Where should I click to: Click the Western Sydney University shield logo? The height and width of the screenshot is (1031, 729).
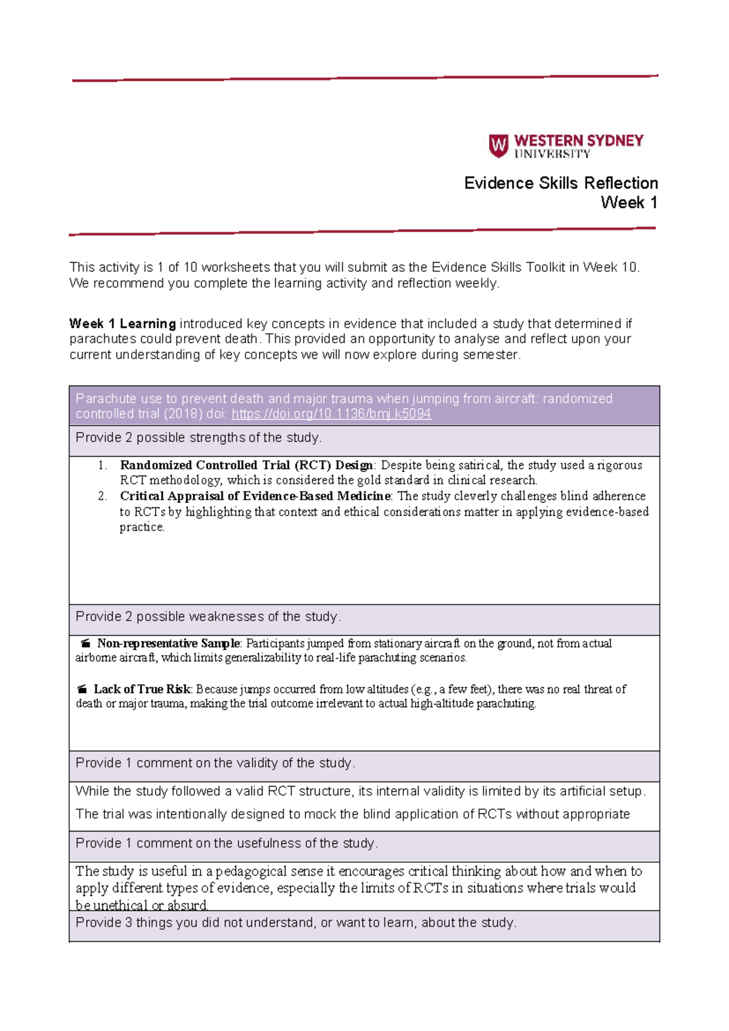(x=498, y=146)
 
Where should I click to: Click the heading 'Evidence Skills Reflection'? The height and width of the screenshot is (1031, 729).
(x=561, y=183)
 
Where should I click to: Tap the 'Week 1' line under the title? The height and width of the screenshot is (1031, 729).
(x=629, y=203)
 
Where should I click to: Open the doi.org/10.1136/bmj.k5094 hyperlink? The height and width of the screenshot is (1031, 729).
(x=331, y=414)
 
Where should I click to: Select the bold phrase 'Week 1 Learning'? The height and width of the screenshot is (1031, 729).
(x=122, y=323)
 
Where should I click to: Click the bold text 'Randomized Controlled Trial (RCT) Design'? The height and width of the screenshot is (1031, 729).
(x=246, y=465)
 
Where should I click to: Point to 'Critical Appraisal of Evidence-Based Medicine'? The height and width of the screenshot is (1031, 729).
(x=255, y=496)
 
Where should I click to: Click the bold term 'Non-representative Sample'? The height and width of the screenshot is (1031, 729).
(x=169, y=643)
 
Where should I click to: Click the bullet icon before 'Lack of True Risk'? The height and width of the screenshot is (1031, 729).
(x=82, y=689)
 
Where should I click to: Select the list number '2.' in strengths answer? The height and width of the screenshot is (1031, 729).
(x=103, y=496)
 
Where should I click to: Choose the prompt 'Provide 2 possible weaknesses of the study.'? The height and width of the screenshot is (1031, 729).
(x=208, y=616)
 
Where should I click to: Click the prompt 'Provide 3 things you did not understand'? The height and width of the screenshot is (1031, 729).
(x=296, y=923)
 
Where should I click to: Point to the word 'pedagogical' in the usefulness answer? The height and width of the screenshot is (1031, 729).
(x=252, y=871)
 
